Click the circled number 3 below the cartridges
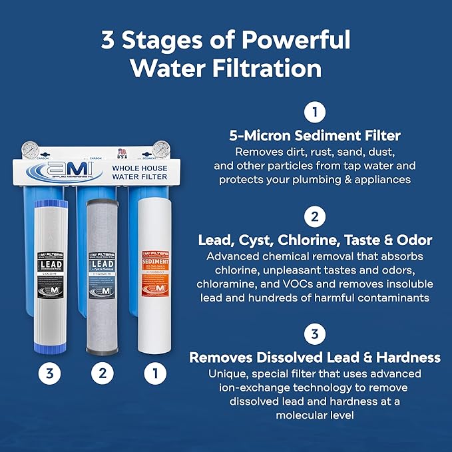click(50, 373)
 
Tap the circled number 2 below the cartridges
click(103, 373)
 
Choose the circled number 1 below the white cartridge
click(155, 373)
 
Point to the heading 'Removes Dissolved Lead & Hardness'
click(315, 357)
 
